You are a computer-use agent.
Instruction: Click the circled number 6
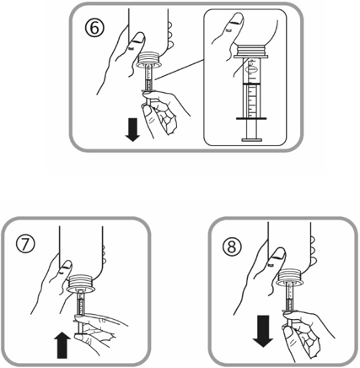pos(94,28)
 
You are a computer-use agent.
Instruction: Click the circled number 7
pos(25,244)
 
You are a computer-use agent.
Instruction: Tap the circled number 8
pos(232,247)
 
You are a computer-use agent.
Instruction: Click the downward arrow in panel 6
pos(132,130)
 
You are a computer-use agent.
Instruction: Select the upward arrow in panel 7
pos(62,345)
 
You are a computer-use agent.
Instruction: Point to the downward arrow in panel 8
pos(263,331)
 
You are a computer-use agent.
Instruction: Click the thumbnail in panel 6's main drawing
pos(138,38)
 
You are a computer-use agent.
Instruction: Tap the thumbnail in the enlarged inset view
pos(235,20)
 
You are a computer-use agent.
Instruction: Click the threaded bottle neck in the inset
pos(250,51)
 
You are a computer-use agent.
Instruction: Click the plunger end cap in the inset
pos(252,139)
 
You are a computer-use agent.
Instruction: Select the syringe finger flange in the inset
pos(251,119)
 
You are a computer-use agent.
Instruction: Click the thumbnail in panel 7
pos(67,265)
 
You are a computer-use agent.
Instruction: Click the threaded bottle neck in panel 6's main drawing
pos(149,57)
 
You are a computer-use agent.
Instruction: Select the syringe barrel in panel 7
pos(81,304)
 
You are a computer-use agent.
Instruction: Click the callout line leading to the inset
pos(179,69)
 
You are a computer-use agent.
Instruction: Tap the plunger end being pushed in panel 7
pos(80,334)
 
